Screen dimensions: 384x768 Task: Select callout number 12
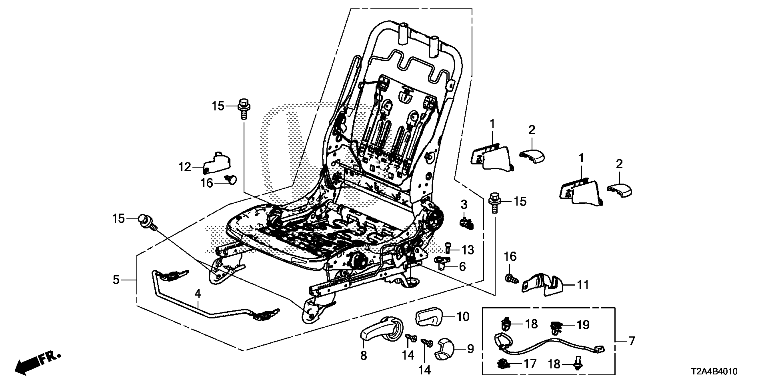[185, 167]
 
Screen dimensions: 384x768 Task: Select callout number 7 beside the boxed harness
[631, 341]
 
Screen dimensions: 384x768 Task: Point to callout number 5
[116, 280]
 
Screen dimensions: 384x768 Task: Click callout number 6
[462, 266]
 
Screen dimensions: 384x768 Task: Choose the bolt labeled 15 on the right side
[495, 201]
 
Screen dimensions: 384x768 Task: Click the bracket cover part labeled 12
[218, 162]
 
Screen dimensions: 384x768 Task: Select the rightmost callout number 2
[620, 164]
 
